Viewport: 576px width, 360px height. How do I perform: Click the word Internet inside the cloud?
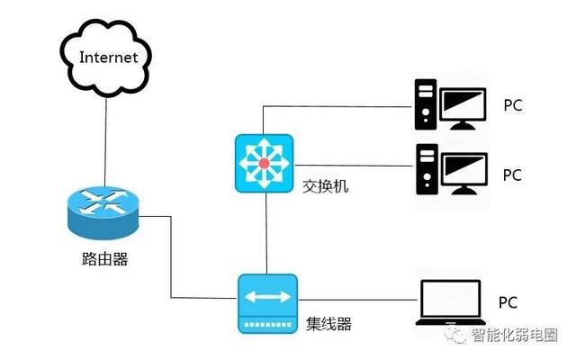[x=108, y=58]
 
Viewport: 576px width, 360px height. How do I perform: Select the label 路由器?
[x=103, y=260]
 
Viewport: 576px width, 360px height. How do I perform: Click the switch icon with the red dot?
[x=263, y=163]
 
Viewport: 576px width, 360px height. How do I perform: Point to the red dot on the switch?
[x=263, y=163]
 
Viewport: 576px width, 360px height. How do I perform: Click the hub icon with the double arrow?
[x=266, y=302]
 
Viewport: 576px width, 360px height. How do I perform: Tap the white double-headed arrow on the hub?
[x=266, y=295]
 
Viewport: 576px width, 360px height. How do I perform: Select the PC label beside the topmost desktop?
[x=512, y=105]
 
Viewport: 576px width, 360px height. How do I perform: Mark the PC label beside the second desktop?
[x=512, y=175]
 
